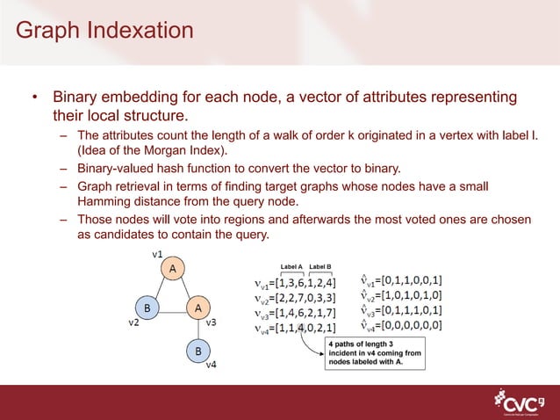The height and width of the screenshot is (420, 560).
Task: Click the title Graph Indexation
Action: coord(104,31)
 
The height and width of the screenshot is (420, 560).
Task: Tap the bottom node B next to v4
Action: coord(198,351)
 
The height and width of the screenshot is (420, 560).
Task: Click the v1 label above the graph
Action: coord(158,252)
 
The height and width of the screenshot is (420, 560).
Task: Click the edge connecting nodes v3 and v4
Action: coord(198,329)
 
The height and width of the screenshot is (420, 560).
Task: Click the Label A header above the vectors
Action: coord(291,265)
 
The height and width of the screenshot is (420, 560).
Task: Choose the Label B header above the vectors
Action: coord(320,265)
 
